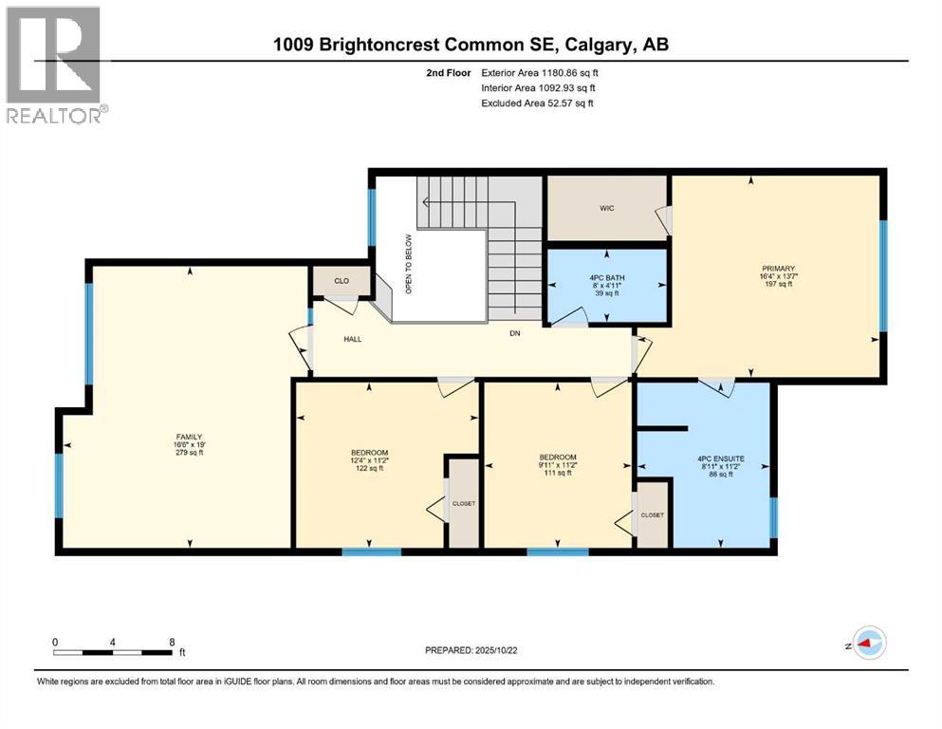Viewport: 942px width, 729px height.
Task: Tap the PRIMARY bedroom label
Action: click(777, 269)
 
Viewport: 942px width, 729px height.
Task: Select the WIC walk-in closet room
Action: click(607, 208)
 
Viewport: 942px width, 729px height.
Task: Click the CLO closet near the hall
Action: click(341, 281)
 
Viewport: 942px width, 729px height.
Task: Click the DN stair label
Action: click(515, 333)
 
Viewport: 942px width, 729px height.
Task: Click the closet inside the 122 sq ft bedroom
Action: click(463, 503)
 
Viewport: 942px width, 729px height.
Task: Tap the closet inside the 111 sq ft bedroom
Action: click(653, 514)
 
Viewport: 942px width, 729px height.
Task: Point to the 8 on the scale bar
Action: click(172, 642)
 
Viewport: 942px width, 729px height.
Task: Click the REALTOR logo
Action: click(56, 65)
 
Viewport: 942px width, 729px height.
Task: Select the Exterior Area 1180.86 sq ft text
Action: click(540, 71)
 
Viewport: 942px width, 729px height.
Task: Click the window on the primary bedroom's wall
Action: click(882, 275)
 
